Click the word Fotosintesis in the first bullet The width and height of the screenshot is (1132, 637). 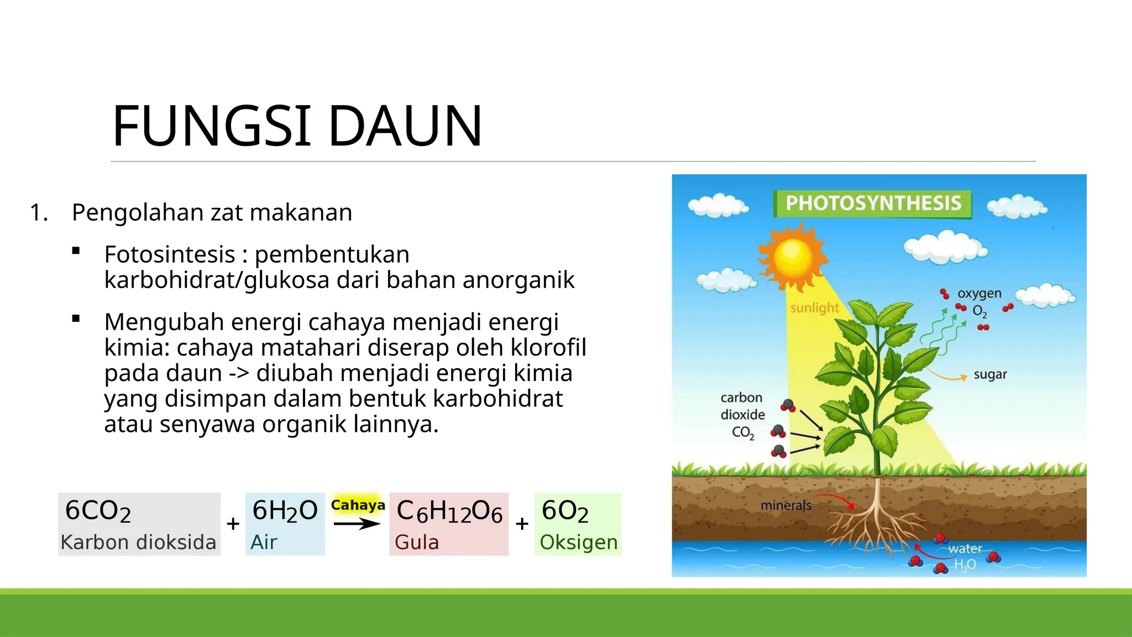[170, 254]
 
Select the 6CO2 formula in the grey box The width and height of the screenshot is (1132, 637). [98, 510]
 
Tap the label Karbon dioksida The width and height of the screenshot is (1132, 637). [138, 542]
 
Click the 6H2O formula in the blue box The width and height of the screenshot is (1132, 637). [285, 510]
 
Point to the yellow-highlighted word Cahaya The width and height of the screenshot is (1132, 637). [358, 505]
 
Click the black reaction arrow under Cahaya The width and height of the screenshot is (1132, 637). [357, 524]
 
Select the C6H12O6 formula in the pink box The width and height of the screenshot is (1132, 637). [449, 511]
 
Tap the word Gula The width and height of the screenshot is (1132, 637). [417, 542]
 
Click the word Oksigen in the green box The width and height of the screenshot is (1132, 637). [578, 542]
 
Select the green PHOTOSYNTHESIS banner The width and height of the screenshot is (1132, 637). [873, 203]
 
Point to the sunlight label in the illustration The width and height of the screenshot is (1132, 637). [814, 308]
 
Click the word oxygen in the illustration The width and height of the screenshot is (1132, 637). [979, 293]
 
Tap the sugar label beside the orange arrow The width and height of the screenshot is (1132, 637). [990, 374]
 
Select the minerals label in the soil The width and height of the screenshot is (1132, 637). [785, 505]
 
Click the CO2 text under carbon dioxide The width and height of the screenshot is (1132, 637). [743, 432]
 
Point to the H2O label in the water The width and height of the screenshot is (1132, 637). [965, 565]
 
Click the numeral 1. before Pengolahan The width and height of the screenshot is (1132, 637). [39, 213]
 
